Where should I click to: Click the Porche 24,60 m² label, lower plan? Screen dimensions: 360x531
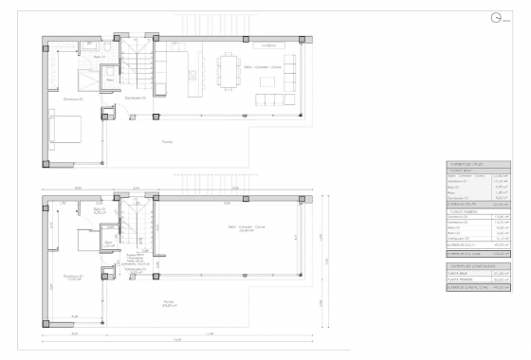pos(167,305)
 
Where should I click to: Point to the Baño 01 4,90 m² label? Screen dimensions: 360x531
pos(99,211)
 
